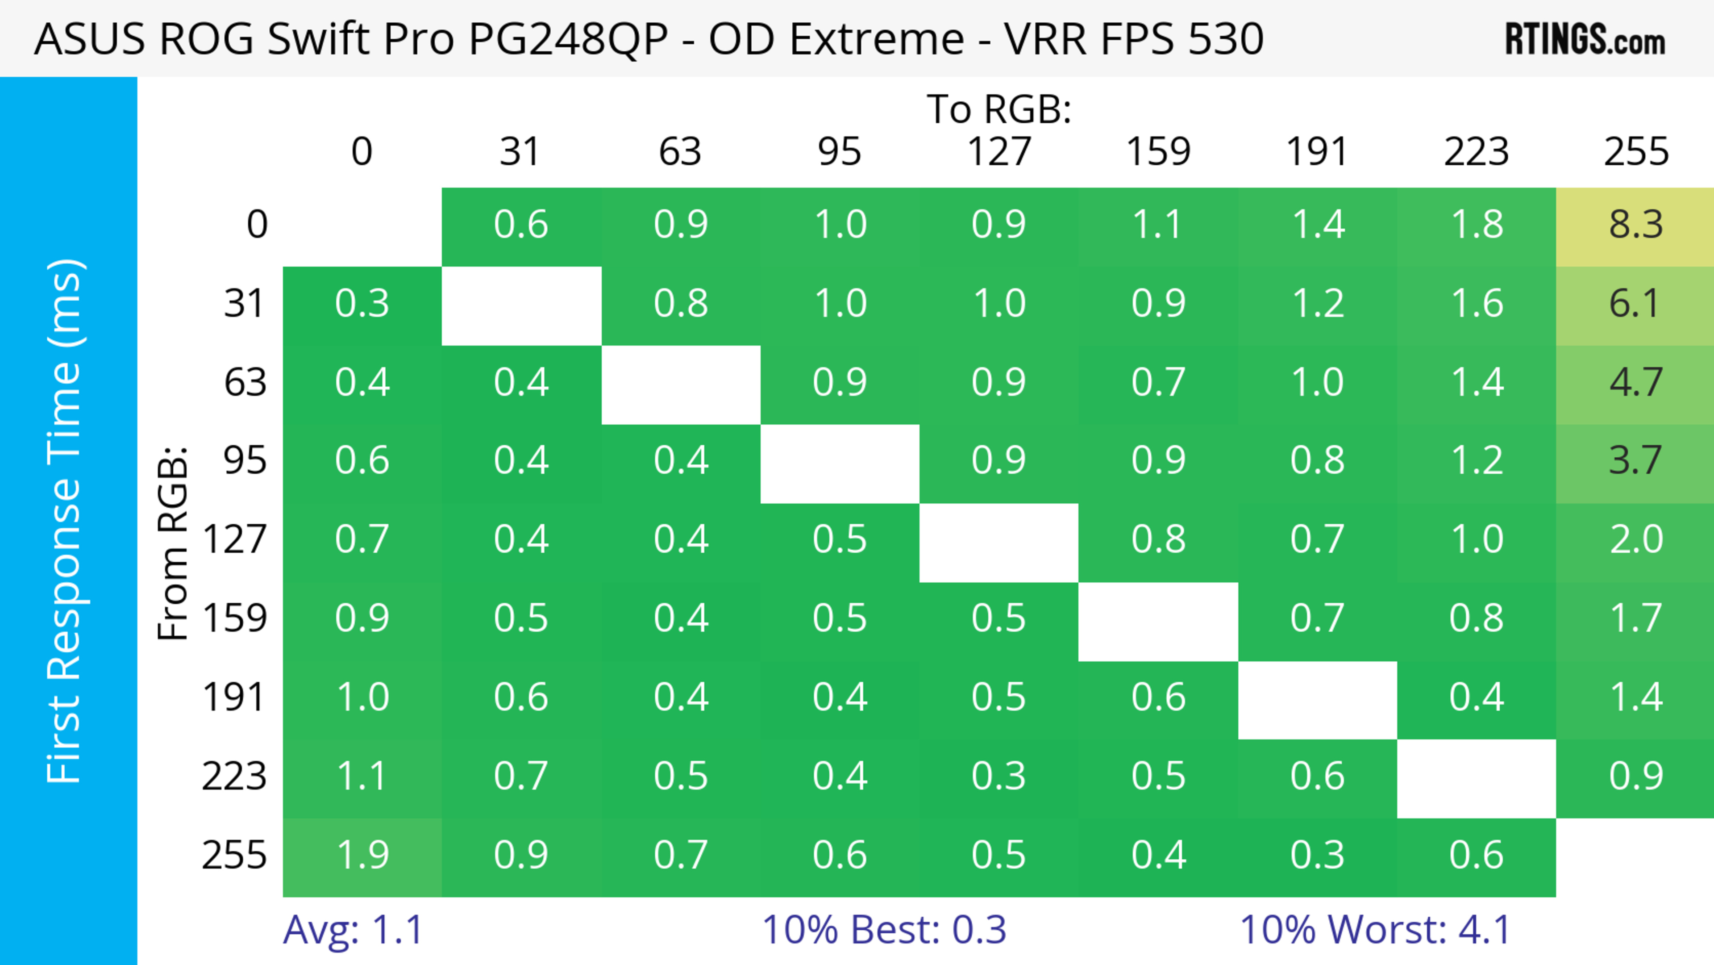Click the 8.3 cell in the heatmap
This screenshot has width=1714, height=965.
click(1635, 225)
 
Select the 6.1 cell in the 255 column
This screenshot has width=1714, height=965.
click(1635, 304)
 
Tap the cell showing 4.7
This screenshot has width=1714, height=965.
click(1635, 383)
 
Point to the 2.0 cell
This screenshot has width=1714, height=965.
click(1635, 540)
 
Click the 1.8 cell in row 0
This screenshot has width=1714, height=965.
click(1477, 225)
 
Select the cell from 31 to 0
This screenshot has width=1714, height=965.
click(362, 304)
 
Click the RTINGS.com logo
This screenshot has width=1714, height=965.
click(1585, 39)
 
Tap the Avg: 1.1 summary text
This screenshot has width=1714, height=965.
click(353, 930)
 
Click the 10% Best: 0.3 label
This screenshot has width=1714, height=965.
click(884, 930)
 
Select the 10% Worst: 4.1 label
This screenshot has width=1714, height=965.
click(1375, 930)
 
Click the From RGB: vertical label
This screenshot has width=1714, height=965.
click(173, 543)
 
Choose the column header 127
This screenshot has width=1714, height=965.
click(999, 152)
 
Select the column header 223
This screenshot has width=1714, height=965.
click(1477, 152)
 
